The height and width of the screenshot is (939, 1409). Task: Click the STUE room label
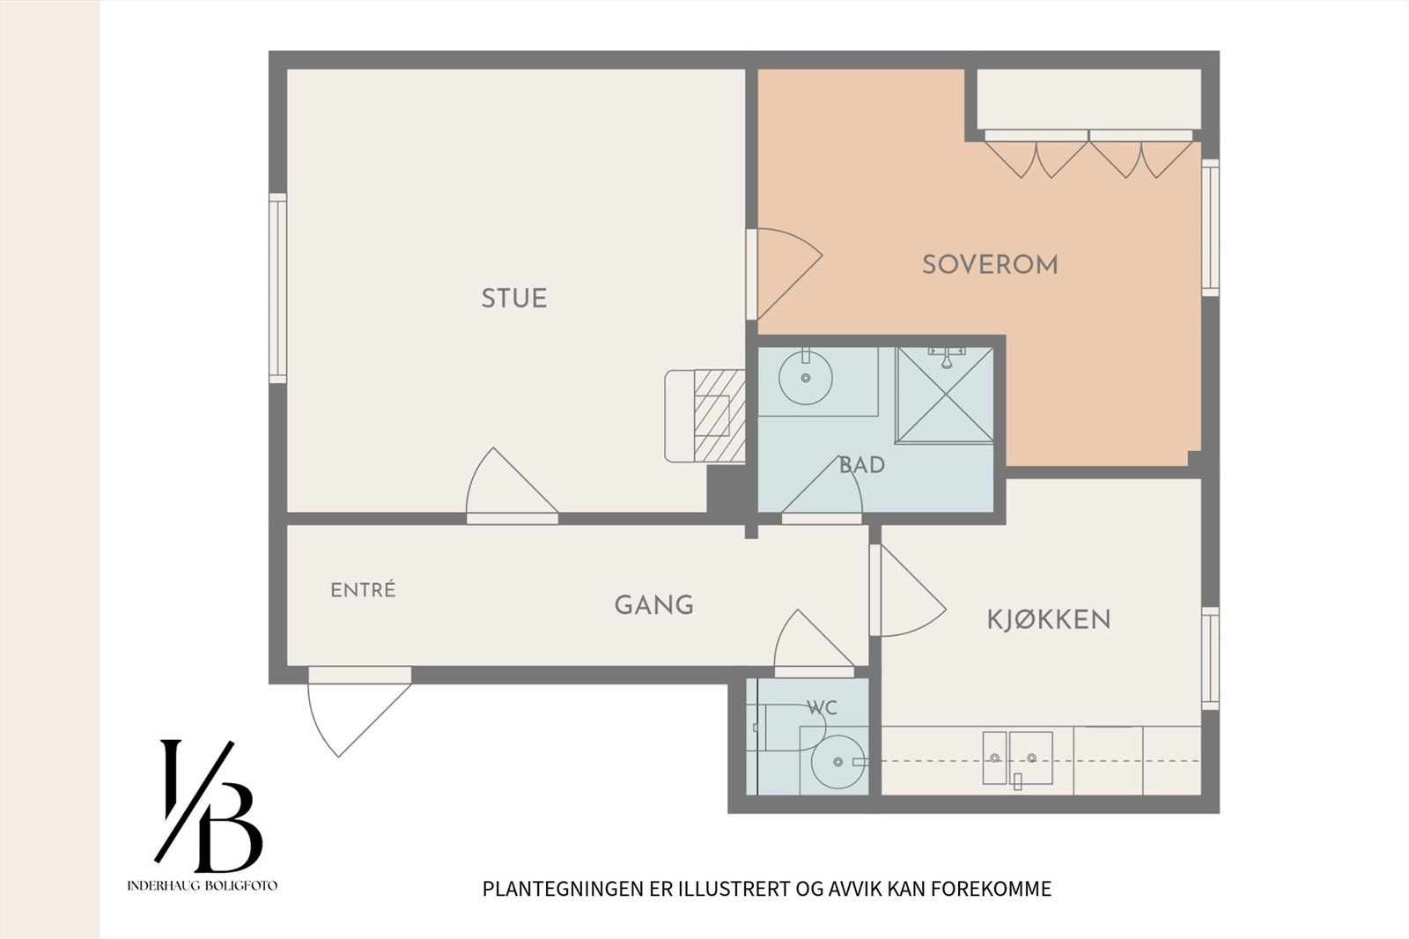(x=514, y=299)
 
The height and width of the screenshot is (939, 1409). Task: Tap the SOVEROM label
(x=990, y=264)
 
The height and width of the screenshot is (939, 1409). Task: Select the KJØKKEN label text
(x=1049, y=620)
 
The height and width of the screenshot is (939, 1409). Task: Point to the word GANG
(x=654, y=605)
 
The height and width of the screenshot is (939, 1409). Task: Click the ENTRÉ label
(x=363, y=589)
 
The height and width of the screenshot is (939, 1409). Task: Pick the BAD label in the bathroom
(x=862, y=466)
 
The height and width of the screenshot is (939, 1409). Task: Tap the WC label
(x=823, y=708)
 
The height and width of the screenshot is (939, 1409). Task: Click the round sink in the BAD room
(x=806, y=378)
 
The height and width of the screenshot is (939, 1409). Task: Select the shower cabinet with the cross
(x=945, y=395)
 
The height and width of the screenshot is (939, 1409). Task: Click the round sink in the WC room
(x=837, y=762)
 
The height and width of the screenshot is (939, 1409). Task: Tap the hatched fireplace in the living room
(x=719, y=416)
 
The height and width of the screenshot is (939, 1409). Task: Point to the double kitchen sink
(x=1018, y=758)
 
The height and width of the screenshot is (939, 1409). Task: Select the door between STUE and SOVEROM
(x=784, y=275)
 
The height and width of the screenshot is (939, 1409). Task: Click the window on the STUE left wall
(x=277, y=288)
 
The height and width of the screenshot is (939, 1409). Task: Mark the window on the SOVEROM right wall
(x=1210, y=227)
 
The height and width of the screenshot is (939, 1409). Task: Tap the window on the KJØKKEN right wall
(x=1210, y=658)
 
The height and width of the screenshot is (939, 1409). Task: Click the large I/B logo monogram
(x=208, y=806)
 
